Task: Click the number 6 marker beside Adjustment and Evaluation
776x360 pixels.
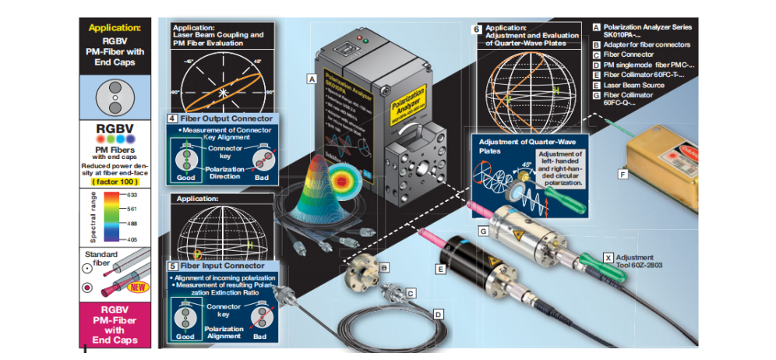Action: pos(477,29)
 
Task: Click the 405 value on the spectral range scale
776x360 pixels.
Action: pos(132,240)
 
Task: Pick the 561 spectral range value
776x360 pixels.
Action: pos(132,209)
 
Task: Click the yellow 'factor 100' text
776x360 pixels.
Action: pos(115,182)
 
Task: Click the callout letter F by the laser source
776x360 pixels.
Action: pos(623,175)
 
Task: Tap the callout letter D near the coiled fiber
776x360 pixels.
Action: pos(438,314)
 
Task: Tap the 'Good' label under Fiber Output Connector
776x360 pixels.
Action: pos(185,177)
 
